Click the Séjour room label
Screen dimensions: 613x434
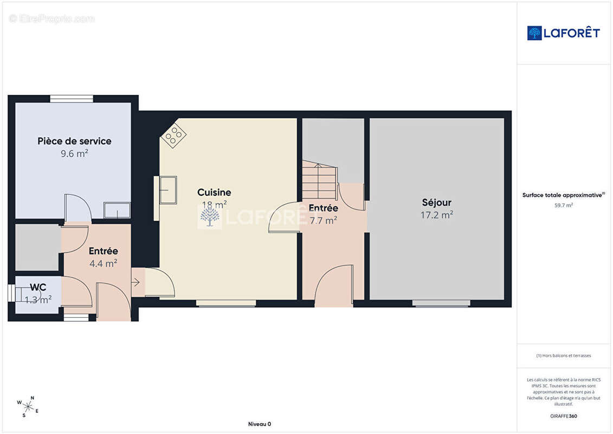(x=437, y=203)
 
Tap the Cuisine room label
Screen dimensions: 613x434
(x=214, y=192)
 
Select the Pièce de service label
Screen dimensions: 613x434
(x=74, y=141)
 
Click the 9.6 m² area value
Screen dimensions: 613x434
(x=74, y=154)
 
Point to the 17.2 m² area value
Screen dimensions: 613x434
(x=437, y=215)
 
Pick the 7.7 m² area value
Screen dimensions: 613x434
(x=324, y=221)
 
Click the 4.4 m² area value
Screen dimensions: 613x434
(x=103, y=263)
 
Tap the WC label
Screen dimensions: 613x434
(x=38, y=287)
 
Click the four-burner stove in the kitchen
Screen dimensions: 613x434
(x=173, y=136)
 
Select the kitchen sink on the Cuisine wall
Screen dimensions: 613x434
(x=168, y=190)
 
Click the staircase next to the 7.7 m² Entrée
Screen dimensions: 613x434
(x=320, y=180)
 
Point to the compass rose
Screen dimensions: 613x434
(x=28, y=407)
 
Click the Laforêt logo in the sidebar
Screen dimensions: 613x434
(x=563, y=33)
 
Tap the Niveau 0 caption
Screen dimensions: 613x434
(x=260, y=424)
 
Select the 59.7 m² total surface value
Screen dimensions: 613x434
(x=563, y=205)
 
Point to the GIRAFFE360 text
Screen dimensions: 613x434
(x=563, y=416)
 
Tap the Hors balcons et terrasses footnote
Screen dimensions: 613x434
(x=563, y=356)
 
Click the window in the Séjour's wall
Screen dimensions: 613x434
(x=441, y=303)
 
